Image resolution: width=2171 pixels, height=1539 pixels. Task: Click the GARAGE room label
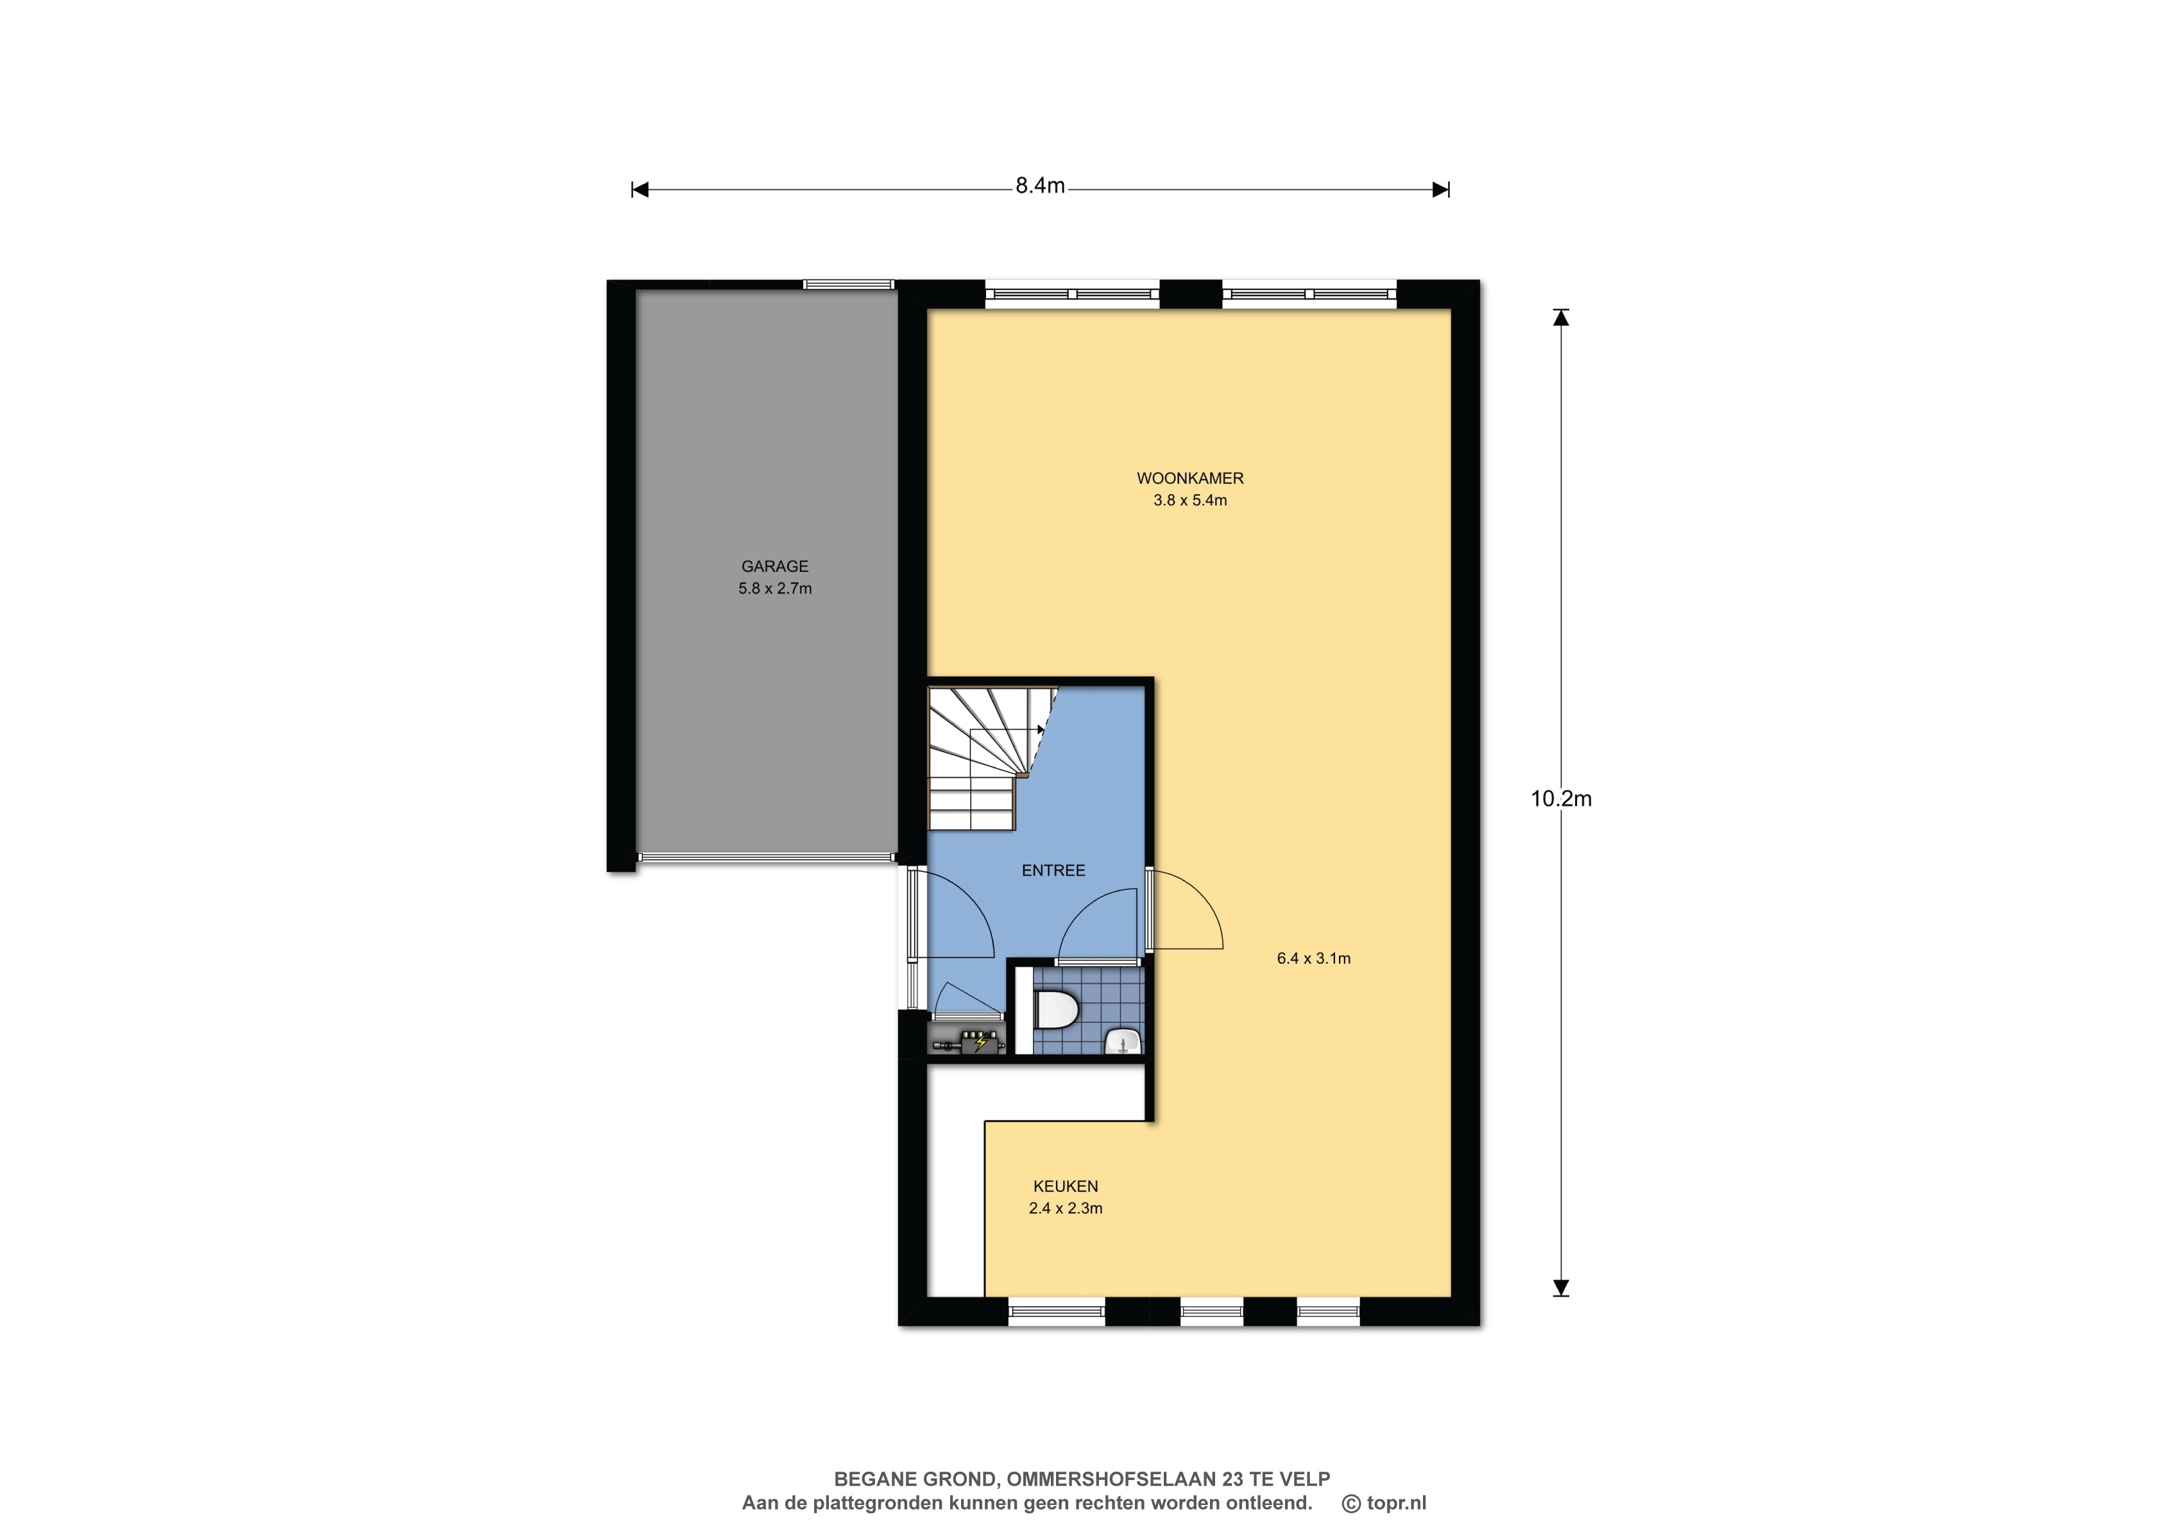click(x=774, y=567)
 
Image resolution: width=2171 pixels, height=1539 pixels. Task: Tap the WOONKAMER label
click(x=1190, y=478)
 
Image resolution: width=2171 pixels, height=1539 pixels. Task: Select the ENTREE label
click(x=1053, y=870)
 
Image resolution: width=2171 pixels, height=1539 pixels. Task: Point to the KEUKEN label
click(x=1066, y=1186)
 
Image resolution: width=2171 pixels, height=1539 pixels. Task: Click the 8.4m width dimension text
click(x=1040, y=187)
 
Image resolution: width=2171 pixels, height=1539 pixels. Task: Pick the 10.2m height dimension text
click(x=1560, y=799)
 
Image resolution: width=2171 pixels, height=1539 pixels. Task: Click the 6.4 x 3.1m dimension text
click(x=1313, y=958)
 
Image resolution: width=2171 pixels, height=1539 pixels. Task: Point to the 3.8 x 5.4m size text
click(x=1190, y=500)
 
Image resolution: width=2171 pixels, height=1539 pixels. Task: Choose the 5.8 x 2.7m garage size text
click(x=774, y=589)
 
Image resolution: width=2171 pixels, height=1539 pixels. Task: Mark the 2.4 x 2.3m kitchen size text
click(x=1066, y=1208)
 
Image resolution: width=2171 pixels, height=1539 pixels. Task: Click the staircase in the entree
click(x=986, y=758)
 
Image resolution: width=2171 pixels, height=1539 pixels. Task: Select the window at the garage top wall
click(x=849, y=284)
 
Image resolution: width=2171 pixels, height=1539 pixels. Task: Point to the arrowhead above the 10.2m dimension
click(x=1560, y=317)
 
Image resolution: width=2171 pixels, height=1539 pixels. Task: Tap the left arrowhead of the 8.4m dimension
click(x=640, y=190)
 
